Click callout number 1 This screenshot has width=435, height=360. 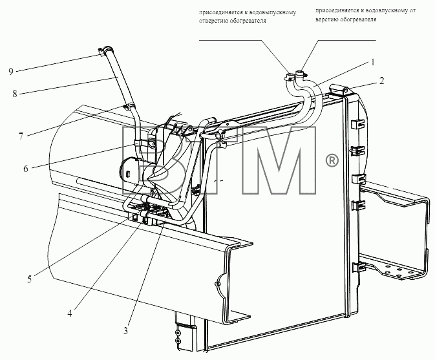(373, 63)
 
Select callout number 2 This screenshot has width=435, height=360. (381, 81)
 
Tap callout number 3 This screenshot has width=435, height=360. (125, 331)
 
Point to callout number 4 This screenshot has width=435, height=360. (70, 313)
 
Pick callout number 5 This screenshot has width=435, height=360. (30, 279)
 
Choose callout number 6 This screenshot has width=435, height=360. (26, 169)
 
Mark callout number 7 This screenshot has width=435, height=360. (21, 136)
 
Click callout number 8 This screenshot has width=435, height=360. (15, 94)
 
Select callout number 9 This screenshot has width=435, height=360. (11, 72)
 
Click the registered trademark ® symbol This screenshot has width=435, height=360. (332, 161)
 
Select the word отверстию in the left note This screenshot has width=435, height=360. (213, 21)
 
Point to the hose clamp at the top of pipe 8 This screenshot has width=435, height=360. (104, 51)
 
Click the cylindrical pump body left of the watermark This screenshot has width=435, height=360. (130, 171)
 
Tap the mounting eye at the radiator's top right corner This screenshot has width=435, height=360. (346, 90)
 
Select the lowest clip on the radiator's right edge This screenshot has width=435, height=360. (358, 268)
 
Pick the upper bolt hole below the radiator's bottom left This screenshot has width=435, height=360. (178, 333)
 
